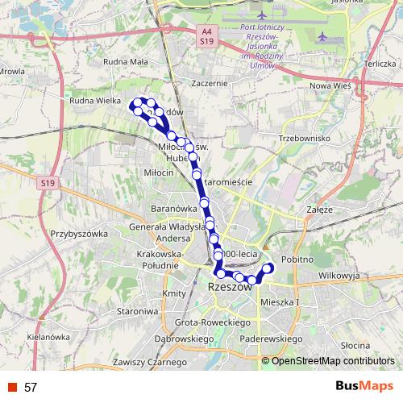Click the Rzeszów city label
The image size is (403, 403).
pyautogui.click(x=229, y=287)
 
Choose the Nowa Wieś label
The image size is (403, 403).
pyautogui.click(x=332, y=85)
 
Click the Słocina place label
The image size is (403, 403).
pyautogui.click(x=355, y=344)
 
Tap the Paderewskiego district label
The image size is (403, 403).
pyautogui.click(x=271, y=339)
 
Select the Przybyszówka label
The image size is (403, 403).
pyautogui.click(x=79, y=234)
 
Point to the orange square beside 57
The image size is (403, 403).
pyautogui.click(x=13, y=387)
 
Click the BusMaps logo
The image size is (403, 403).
pyautogui.click(x=364, y=387)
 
